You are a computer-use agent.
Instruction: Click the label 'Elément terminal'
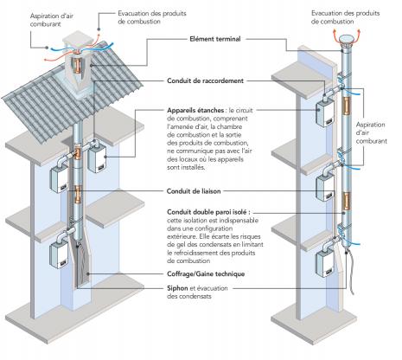click(215, 39)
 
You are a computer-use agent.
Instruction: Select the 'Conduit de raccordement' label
click(205, 80)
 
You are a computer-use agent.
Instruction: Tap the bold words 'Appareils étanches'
click(195, 111)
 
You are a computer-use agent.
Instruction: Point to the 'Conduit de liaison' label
click(194, 191)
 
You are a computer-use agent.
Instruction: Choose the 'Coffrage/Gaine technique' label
click(206, 273)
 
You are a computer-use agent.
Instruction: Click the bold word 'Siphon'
click(177, 288)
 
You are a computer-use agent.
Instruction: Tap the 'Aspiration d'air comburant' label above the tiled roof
click(52, 20)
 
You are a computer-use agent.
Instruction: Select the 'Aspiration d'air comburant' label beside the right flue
click(371, 133)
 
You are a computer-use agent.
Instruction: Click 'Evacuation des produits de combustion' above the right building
click(345, 17)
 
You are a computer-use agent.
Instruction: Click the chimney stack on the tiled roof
click(79, 67)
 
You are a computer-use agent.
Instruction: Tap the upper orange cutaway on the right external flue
click(346, 106)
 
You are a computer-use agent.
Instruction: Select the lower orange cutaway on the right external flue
click(346, 201)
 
